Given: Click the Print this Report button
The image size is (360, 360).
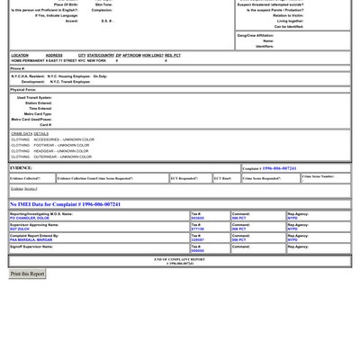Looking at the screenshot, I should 27,274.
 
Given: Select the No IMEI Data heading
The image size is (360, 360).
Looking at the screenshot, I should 65,204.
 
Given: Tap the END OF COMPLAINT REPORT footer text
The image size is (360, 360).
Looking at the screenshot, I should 180,259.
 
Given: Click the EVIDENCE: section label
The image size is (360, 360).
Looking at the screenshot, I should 22,168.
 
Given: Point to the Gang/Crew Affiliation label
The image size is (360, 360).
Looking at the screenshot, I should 256,36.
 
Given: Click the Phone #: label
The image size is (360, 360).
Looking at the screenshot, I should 18,68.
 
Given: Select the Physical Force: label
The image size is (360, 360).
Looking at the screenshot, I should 23,90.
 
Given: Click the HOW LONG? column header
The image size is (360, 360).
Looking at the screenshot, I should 152,56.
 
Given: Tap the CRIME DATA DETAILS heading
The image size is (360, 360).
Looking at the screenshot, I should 30,133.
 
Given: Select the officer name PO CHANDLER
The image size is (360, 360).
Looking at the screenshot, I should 30,218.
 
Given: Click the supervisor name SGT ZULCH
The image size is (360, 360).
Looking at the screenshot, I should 20,229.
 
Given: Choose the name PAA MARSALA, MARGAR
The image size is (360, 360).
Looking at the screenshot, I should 31,239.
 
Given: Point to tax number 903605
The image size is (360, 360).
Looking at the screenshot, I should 198,218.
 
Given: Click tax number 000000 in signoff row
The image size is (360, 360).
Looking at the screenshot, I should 198,250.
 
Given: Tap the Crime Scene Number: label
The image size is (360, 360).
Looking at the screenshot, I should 318,176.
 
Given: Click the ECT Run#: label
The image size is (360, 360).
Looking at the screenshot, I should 222,178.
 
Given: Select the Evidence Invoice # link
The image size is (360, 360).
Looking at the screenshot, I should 24,189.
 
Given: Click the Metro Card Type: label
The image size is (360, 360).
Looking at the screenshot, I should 38,113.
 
